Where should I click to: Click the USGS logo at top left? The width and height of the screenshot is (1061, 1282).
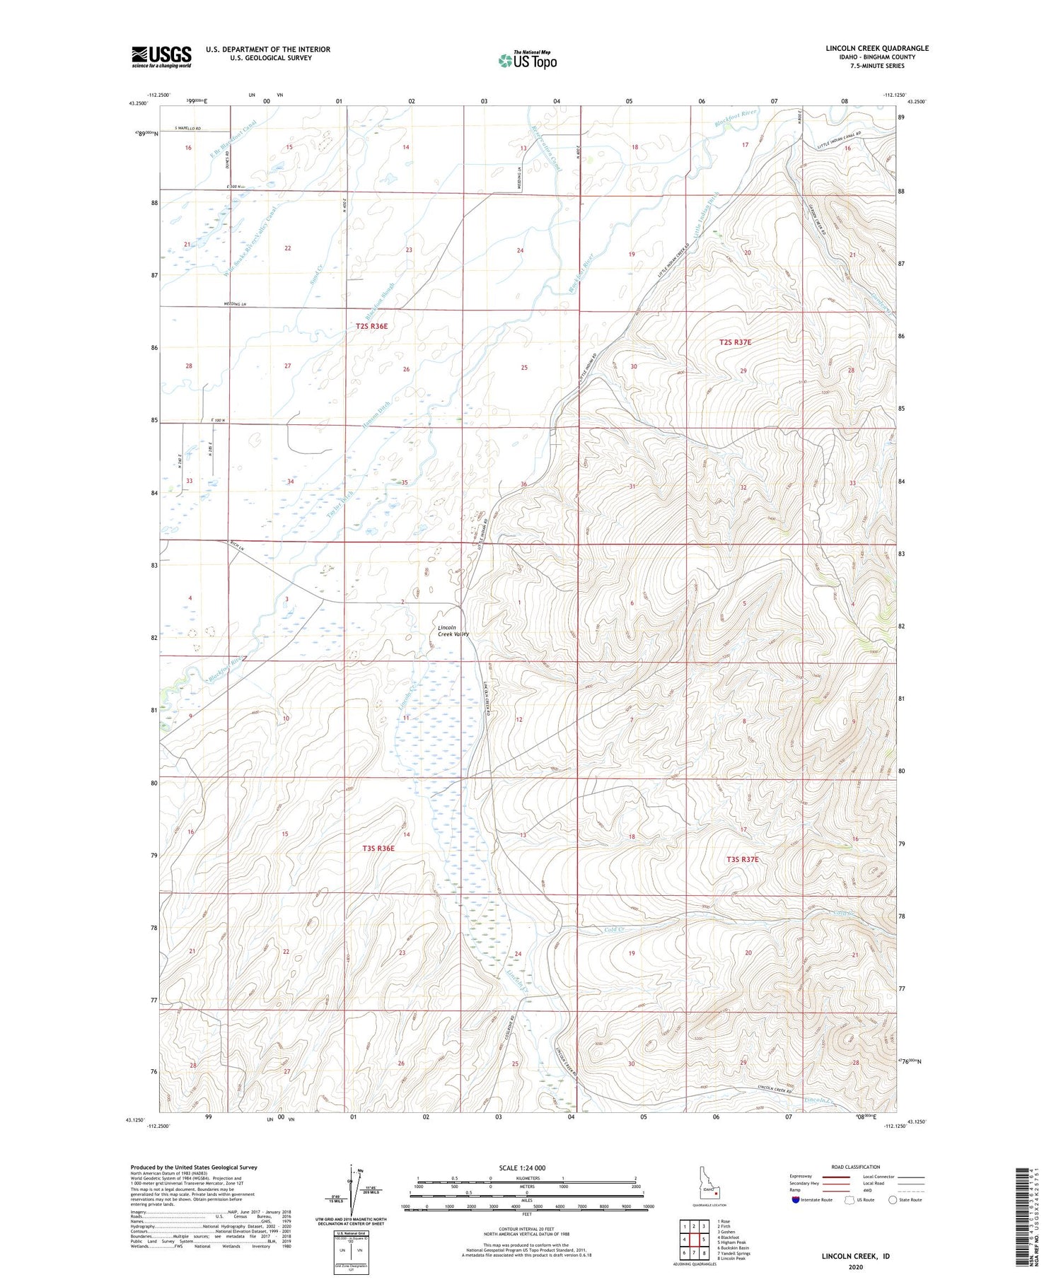coord(161,56)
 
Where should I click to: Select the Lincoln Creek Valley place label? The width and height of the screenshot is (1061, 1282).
coord(453,631)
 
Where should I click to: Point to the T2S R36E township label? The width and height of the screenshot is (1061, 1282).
coord(372,326)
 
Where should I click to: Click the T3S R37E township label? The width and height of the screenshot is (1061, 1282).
coord(742,859)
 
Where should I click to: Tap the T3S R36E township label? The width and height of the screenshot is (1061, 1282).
coord(378,848)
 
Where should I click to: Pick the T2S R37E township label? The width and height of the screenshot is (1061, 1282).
coord(735,342)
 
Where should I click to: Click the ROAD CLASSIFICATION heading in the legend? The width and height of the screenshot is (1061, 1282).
coord(856,1167)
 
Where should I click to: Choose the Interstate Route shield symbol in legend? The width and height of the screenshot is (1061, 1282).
coord(796,1200)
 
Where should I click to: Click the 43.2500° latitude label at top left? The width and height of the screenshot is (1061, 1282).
coord(139,103)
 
